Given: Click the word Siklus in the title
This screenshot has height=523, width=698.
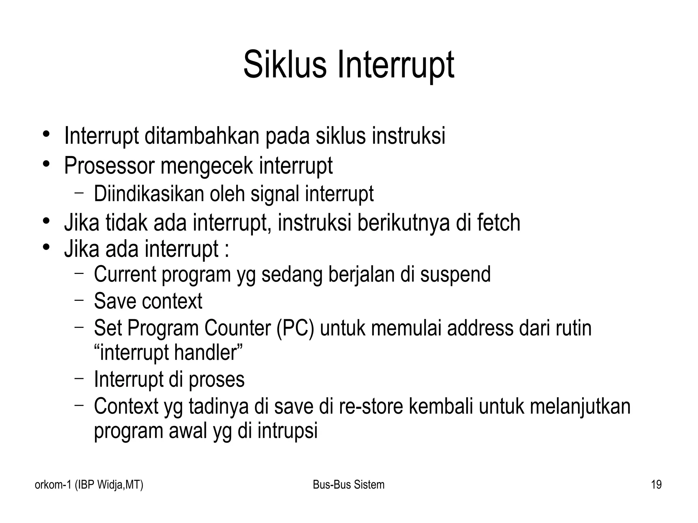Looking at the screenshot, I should point(285,65).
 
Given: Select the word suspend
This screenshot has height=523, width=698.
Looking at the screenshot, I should point(455,275).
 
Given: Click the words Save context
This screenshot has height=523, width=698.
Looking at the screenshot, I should point(148,301).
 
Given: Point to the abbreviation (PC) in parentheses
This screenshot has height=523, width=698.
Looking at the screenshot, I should point(295,328).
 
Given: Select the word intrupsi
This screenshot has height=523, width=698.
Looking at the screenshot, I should point(287,431).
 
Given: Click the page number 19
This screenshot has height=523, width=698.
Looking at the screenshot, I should point(656,484).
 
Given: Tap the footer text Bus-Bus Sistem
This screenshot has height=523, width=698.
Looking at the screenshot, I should point(348,484).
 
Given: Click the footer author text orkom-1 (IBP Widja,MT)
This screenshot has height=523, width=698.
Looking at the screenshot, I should point(89,484).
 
